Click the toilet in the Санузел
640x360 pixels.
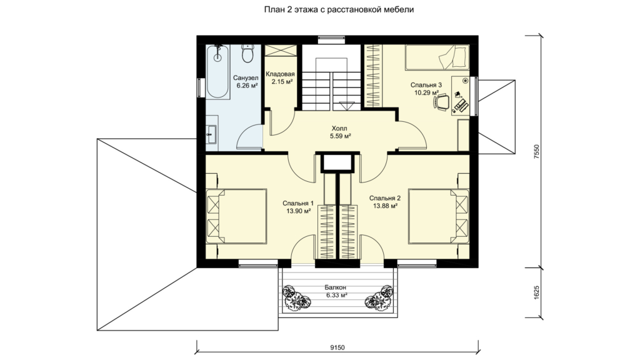[x=247, y=54]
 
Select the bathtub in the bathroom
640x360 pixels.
[x=217, y=72]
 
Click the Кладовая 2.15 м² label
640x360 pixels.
[x=280, y=78]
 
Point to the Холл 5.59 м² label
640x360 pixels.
[x=341, y=132]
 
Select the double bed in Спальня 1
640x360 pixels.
[x=236, y=216]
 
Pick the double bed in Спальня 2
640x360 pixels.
[x=439, y=216]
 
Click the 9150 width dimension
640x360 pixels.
[x=337, y=347]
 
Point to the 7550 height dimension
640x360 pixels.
[x=537, y=152]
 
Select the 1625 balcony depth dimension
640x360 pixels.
[x=537, y=292]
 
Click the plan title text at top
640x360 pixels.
[x=339, y=9]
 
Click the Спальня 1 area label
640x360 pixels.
[x=298, y=207]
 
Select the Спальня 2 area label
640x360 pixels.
[x=385, y=202]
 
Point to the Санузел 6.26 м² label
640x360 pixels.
[x=246, y=82]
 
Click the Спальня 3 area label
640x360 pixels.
[x=426, y=89]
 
